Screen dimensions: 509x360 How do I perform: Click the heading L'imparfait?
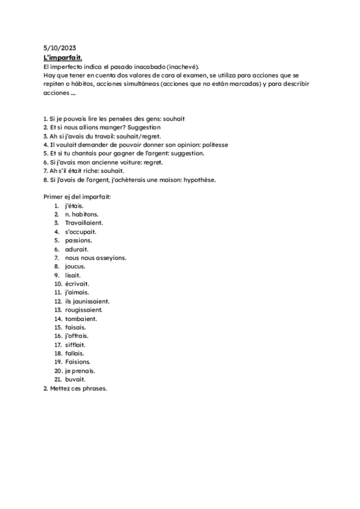click(63, 57)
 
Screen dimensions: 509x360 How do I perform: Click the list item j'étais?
click(74, 206)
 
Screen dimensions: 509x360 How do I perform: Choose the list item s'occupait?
click(80, 232)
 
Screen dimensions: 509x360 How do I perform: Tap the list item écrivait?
click(78, 284)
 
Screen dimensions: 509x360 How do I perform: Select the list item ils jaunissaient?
click(87, 301)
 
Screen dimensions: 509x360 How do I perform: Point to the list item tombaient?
click(81, 319)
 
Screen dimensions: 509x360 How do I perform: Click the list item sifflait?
click(76, 345)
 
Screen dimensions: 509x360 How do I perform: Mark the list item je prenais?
click(80, 371)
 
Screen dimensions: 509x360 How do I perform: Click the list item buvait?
click(76, 379)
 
